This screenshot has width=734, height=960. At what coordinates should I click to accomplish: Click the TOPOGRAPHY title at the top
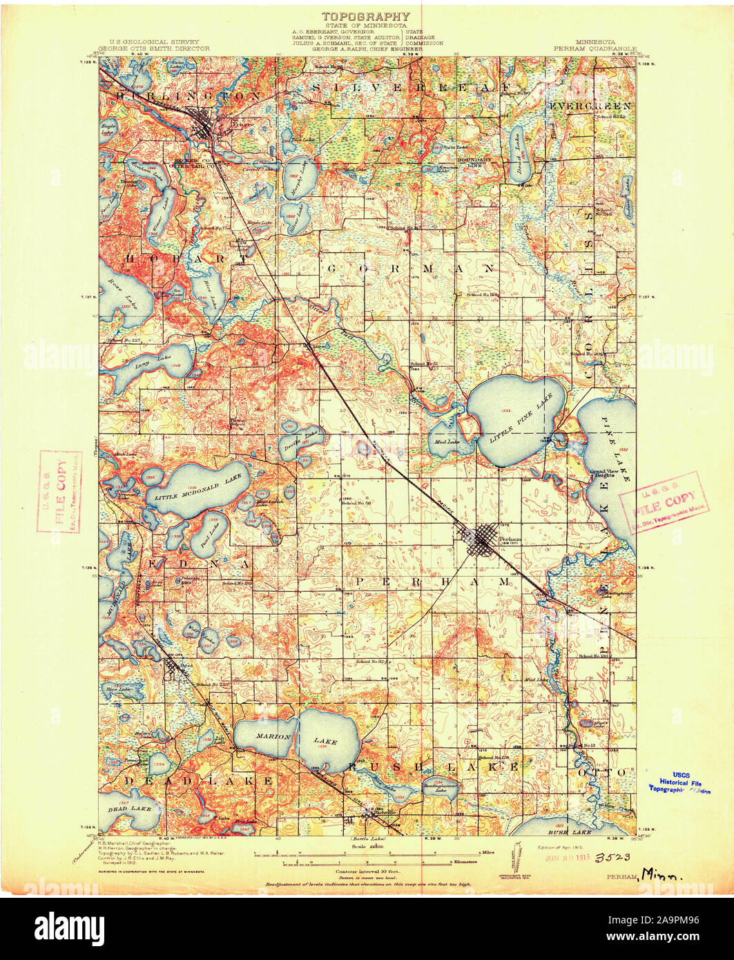(365, 16)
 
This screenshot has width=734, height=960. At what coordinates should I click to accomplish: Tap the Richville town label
(384, 812)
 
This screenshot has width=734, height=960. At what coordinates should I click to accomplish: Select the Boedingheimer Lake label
(438, 788)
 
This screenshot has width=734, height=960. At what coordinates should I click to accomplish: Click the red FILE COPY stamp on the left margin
(60, 491)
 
